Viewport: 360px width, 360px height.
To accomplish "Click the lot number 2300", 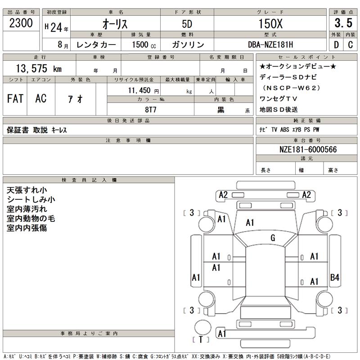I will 21,23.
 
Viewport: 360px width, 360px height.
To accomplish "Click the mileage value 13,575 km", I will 38,68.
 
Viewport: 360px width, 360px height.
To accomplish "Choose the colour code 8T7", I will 150,109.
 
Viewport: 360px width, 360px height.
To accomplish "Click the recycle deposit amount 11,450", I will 142,90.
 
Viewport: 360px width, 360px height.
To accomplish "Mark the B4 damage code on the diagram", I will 334,278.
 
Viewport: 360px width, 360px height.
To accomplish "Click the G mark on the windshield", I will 273,238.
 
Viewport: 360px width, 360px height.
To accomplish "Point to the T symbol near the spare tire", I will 201,340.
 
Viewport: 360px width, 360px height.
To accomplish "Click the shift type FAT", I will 16,99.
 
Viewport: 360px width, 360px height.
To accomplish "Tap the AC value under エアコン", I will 40,99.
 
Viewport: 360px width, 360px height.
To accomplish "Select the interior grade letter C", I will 350,45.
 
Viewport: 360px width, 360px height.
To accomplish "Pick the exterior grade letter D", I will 337,45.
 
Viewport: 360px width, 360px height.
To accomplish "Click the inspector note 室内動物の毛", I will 31,218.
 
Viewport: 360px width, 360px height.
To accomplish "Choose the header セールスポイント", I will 307,57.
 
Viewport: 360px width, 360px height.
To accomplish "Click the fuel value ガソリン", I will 188,45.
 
